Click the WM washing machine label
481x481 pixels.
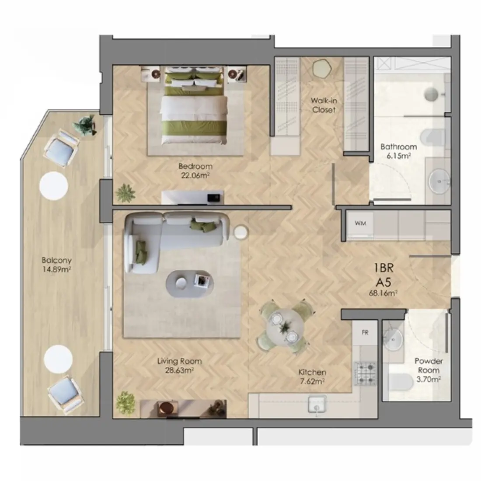pyautogui.click(x=360, y=223)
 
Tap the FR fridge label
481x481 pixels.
pyautogui.click(x=365, y=332)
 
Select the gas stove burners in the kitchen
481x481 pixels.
pyautogui.click(x=365, y=373)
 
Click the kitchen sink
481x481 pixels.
pyautogui.click(x=317, y=404)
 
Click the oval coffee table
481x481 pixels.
pyautogui.click(x=189, y=284)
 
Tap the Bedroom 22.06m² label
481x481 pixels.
pyautogui.click(x=195, y=171)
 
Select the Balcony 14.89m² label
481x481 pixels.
pyautogui.click(x=57, y=265)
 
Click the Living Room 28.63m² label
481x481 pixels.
pyautogui.click(x=179, y=366)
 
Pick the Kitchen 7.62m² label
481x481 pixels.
pyautogui.click(x=312, y=376)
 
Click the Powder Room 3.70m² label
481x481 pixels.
pyautogui.click(x=429, y=370)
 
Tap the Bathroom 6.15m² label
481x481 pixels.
pyautogui.click(x=399, y=151)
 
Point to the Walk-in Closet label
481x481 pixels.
pyautogui.click(x=323, y=105)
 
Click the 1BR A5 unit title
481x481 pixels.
pyautogui.click(x=383, y=275)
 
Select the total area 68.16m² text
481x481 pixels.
pyautogui.click(x=383, y=293)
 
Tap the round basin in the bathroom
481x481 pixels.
pyautogui.click(x=439, y=181)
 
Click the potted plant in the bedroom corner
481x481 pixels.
pyautogui.click(x=125, y=193)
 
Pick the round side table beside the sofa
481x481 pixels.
pyautogui.click(x=241, y=232)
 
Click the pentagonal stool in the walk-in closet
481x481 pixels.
pyautogui.click(x=322, y=68)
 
